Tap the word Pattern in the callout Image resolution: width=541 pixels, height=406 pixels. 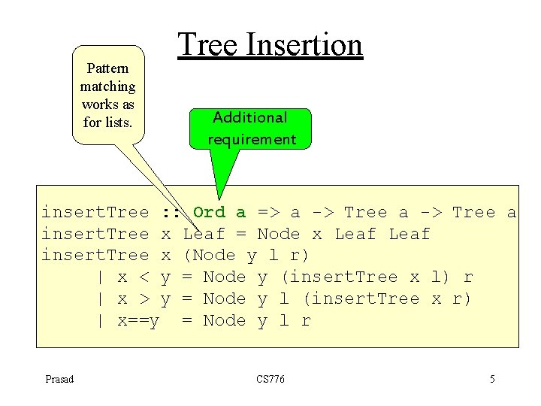(107, 68)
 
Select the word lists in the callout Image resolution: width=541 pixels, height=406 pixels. (118, 123)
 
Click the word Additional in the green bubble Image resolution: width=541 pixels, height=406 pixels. (250, 117)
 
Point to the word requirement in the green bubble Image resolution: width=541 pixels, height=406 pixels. (252, 139)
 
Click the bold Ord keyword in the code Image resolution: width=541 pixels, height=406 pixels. (209, 212)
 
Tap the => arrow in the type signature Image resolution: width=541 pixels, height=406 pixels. (267, 212)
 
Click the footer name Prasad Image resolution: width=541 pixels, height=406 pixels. (59, 379)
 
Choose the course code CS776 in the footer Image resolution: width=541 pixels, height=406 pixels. (270, 379)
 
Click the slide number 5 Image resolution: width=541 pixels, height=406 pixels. (492, 379)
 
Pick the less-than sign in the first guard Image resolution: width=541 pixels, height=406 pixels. (144, 277)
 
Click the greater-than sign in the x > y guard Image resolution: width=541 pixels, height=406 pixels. (144, 298)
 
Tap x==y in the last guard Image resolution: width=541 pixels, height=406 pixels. (139, 320)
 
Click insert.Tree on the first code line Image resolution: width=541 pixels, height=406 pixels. (95, 212)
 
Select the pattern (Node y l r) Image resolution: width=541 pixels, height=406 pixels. (246, 256)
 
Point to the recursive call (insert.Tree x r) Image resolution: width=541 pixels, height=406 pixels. (386, 298)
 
